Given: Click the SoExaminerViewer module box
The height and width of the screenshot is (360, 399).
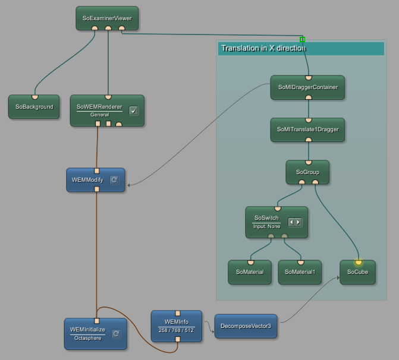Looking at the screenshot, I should [x=107, y=18].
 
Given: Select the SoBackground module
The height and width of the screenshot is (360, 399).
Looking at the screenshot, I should [x=34, y=107].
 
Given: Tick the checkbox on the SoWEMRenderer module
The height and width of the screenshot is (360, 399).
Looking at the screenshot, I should [x=134, y=110].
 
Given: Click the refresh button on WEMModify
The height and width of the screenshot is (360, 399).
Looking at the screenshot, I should [x=114, y=179].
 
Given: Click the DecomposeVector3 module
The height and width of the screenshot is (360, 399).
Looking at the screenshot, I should [x=246, y=326].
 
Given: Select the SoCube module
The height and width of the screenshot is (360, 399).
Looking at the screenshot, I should [x=357, y=272].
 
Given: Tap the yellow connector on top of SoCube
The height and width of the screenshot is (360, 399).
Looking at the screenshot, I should [x=359, y=262].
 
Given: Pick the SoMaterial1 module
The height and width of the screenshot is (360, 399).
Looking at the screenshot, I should [x=300, y=272].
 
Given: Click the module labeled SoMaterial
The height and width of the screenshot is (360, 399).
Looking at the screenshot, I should [x=250, y=272].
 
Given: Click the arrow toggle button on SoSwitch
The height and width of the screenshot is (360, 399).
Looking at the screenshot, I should [x=295, y=222].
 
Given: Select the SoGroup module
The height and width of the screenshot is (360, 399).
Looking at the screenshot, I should [x=307, y=172].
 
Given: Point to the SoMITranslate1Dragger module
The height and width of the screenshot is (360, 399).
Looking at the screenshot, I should [x=307, y=129].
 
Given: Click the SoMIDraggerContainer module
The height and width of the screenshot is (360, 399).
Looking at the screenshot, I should [x=307, y=87].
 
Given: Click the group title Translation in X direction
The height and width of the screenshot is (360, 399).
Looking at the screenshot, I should [x=263, y=48].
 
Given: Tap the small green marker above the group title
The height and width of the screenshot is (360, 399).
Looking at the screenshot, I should [x=302, y=39].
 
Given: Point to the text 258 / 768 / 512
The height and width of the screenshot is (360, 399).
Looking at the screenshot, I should [x=176, y=330].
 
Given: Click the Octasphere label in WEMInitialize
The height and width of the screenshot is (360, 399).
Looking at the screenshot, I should [x=87, y=338].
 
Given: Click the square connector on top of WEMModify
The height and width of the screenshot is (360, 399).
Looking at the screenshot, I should [x=96, y=170].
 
